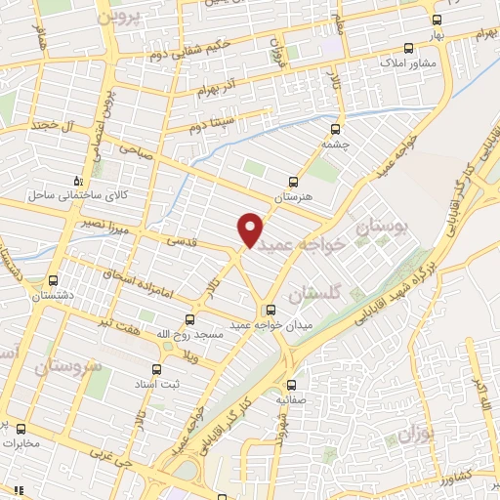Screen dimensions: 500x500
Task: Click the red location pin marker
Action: [x=251, y=229]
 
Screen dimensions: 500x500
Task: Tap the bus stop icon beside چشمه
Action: [x=336, y=128]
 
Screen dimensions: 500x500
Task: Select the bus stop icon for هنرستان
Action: [x=294, y=182]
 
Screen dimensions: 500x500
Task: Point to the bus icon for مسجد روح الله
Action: [x=190, y=318]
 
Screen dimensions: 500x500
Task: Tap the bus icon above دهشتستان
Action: [x=54, y=277]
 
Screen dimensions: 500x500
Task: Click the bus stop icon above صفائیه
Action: [x=292, y=384]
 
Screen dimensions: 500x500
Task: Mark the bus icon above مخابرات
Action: [x=20, y=428]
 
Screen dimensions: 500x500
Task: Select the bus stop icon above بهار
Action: [x=435, y=19]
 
